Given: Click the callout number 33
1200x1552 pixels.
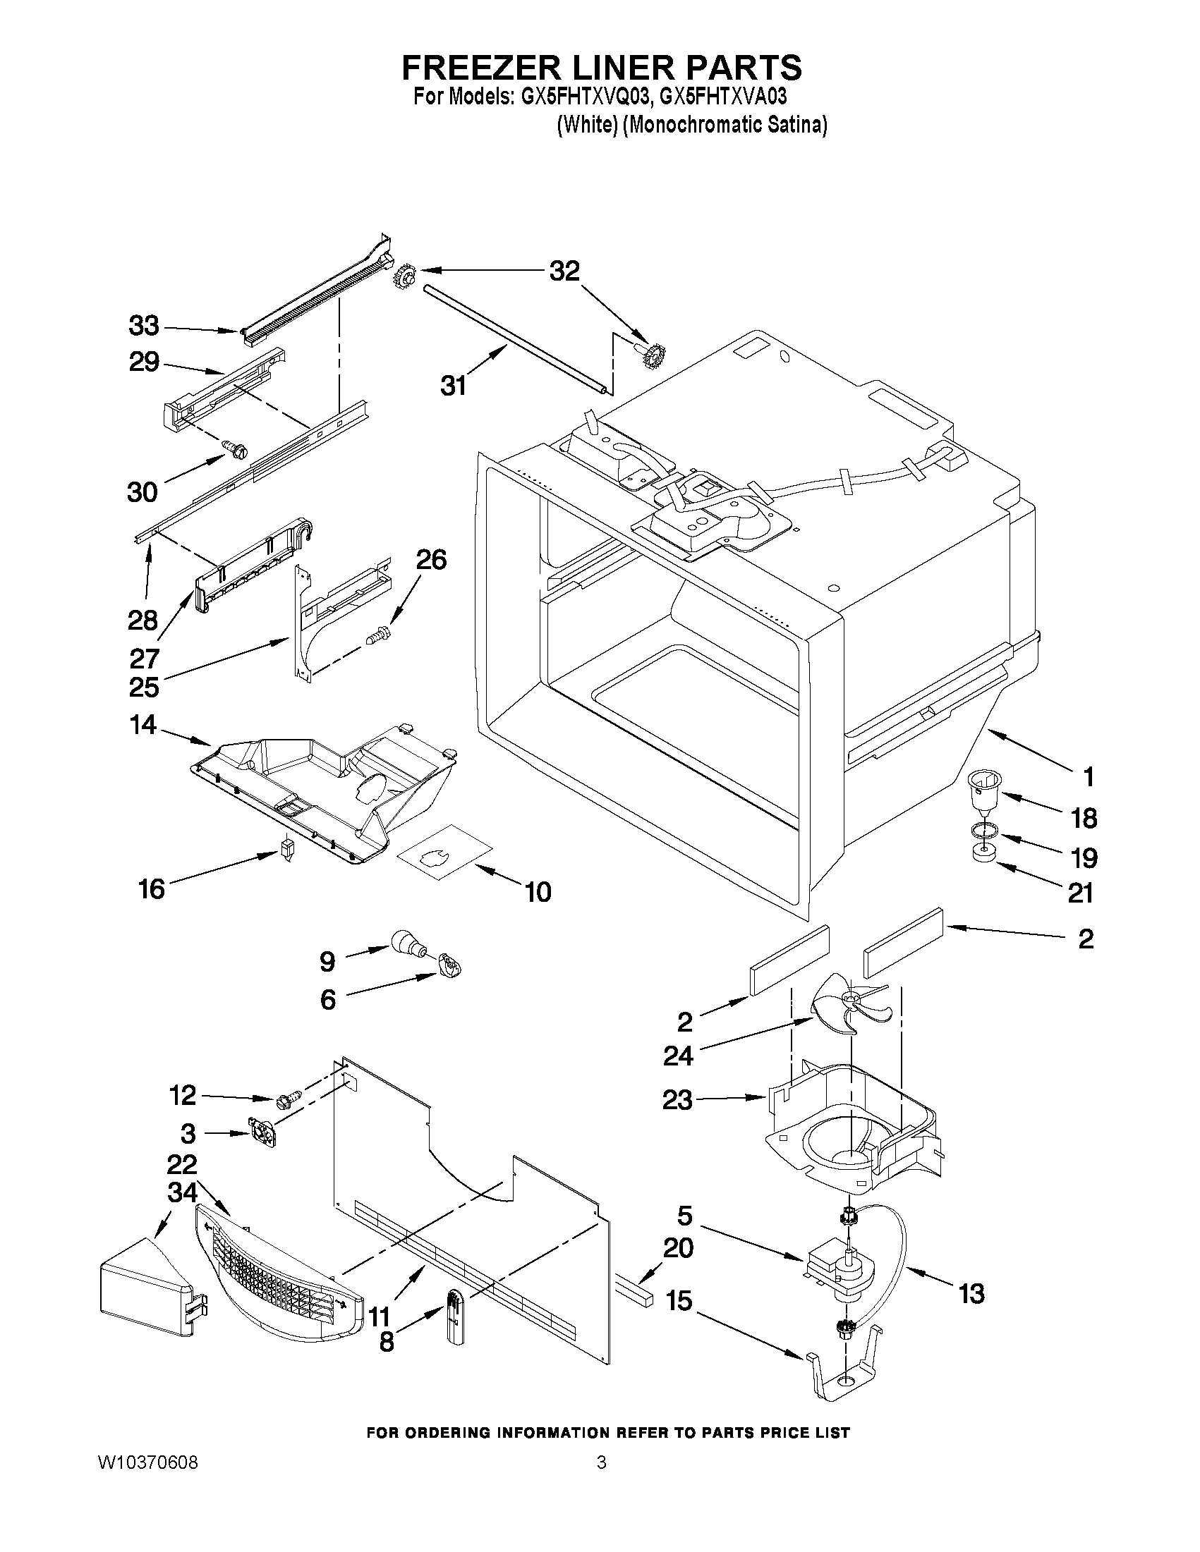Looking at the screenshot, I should [144, 326].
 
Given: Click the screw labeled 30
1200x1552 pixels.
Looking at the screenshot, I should [238, 448].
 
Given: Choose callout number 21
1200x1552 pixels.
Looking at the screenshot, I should [1080, 893].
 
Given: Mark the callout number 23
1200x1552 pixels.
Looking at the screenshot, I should [677, 1101].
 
